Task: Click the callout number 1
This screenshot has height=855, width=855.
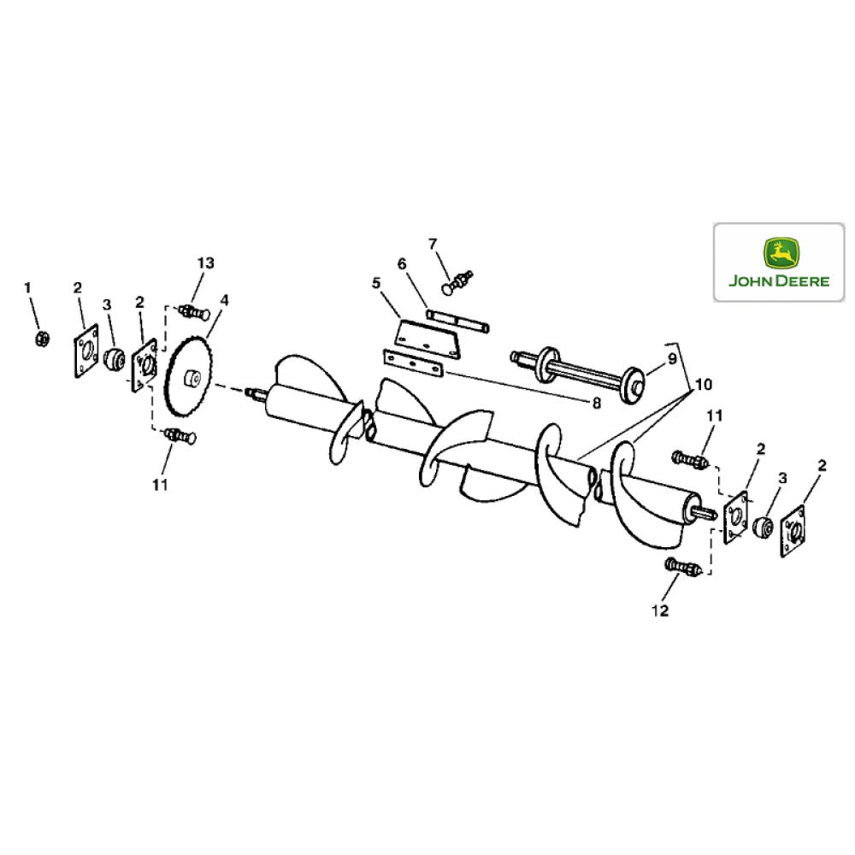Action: [x=27, y=287]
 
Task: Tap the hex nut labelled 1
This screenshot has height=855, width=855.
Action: [x=39, y=339]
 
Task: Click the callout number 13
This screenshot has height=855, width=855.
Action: [x=206, y=262]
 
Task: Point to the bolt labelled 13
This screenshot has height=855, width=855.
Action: [x=192, y=312]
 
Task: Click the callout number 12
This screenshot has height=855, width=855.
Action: [x=660, y=610]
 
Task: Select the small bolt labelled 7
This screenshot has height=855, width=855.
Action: [x=458, y=278]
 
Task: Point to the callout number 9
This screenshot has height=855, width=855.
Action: [x=672, y=358]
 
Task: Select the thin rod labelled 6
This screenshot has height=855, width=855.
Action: [x=458, y=322]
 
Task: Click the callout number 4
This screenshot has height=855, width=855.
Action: [x=225, y=300]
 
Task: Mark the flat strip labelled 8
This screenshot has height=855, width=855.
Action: [x=413, y=363]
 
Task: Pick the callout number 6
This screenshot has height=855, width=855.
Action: [x=402, y=265]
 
